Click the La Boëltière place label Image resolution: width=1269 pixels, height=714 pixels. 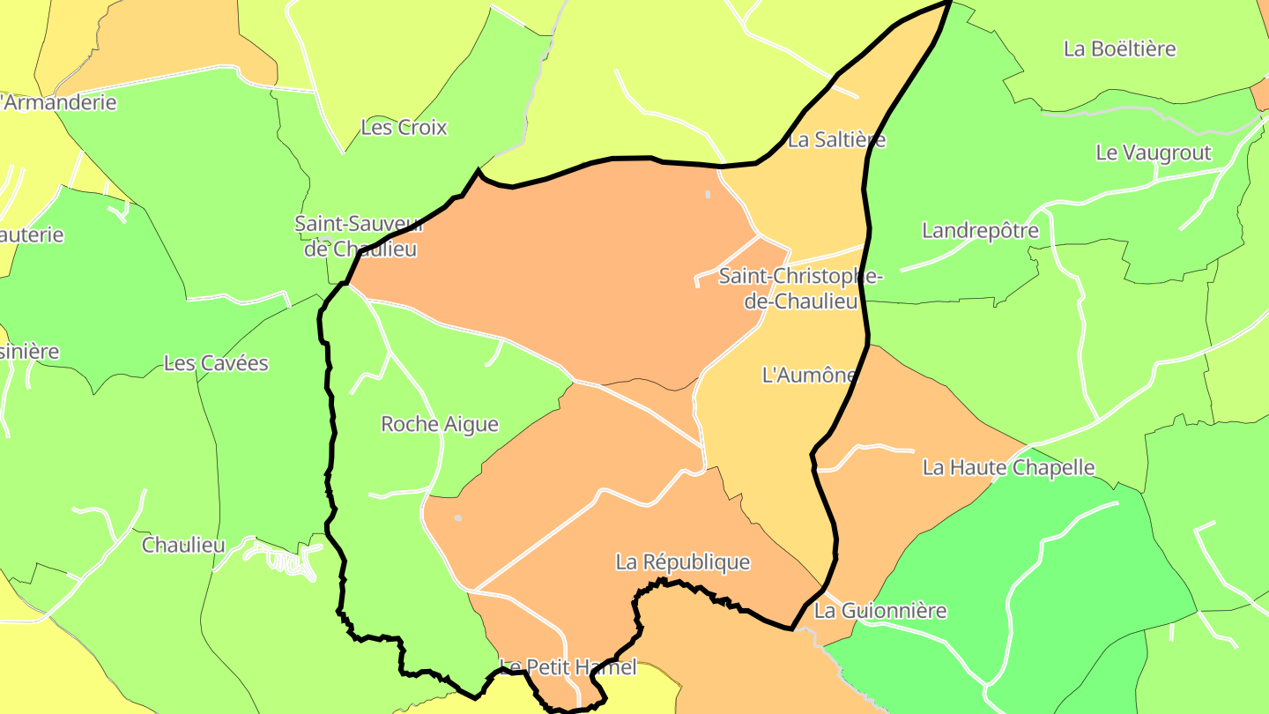coord(1119,48)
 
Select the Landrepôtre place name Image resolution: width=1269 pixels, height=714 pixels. coord(980,231)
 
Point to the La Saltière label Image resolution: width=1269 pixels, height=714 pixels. coord(836,139)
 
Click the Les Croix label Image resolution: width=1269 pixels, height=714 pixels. coord(404,127)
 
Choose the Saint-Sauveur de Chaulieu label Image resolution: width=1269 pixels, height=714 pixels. coord(359,236)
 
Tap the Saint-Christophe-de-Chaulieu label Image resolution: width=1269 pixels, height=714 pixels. coord(801,288)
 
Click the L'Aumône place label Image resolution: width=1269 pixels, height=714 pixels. coord(808,375)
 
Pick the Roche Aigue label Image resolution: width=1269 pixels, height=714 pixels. coord(439,424)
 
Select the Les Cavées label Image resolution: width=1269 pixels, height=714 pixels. coord(216,363)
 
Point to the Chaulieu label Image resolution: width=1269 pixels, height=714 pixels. coord(183,545)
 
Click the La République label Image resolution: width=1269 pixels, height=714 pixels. coord(682,562)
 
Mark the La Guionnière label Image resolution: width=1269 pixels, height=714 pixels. coord(879,610)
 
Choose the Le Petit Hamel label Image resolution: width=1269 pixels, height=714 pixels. coord(568,667)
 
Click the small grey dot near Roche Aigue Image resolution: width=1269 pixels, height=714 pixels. coord(457,518)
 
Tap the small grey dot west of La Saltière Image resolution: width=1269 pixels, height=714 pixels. coord(707,194)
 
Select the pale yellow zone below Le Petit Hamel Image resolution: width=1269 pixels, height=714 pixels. coord(643,692)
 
